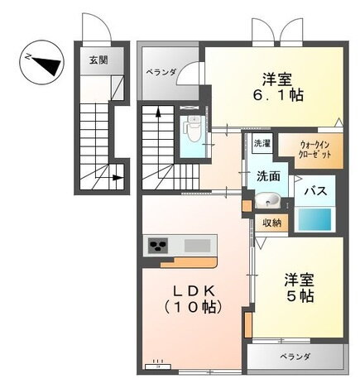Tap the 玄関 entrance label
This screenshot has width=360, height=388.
(98, 60)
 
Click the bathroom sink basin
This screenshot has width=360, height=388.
(266, 201)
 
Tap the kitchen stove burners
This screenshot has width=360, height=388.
(158, 245)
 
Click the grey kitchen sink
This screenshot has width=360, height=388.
(196, 245)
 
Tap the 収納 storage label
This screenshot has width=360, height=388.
(271, 222)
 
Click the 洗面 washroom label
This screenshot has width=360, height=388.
(266, 175)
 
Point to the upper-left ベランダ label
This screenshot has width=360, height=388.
(161, 73)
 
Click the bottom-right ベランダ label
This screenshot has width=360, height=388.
(294, 357)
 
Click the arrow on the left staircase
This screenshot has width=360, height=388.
(120, 175)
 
